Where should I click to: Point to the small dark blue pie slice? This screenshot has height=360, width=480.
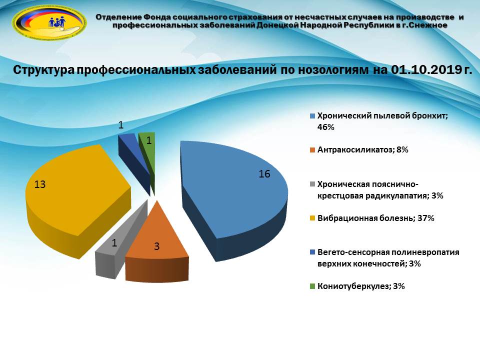click(133, 156)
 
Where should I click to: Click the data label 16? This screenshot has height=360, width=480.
click(264, 174)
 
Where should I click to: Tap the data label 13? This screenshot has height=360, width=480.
click(40, 184)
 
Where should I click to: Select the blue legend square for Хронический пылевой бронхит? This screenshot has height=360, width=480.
click(312, 116)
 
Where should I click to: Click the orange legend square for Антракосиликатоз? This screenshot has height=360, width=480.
click(312, 150)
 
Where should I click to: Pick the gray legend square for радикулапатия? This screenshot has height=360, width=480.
click(312, 184)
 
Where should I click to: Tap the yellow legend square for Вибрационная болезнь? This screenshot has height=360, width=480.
click(312, 218)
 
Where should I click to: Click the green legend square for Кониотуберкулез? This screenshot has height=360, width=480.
click(312, 286)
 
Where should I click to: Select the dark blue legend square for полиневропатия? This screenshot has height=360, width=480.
click(312, 252)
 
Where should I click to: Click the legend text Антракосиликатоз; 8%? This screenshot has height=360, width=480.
click(363, 150)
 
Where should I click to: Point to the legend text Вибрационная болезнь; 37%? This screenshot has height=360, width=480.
click(376, 218)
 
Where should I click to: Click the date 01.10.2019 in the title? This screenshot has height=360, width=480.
click(426, 69)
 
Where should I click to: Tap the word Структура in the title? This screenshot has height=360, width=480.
click(44, 70)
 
